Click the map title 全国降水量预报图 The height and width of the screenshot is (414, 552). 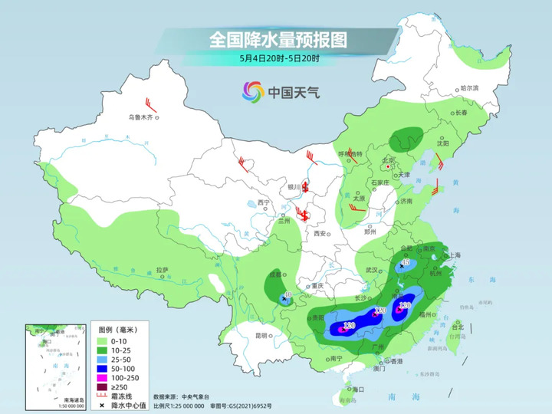click(278, 39)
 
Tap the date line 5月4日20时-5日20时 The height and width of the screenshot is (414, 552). click(278, 58)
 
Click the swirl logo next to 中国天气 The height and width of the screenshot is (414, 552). click(252, 92)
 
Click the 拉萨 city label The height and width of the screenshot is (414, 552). click(162, 270)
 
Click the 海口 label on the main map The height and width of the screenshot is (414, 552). click(356, 389)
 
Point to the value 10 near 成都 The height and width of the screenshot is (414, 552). click(287, 294)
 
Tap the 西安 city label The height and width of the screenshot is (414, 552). click(319, 233)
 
